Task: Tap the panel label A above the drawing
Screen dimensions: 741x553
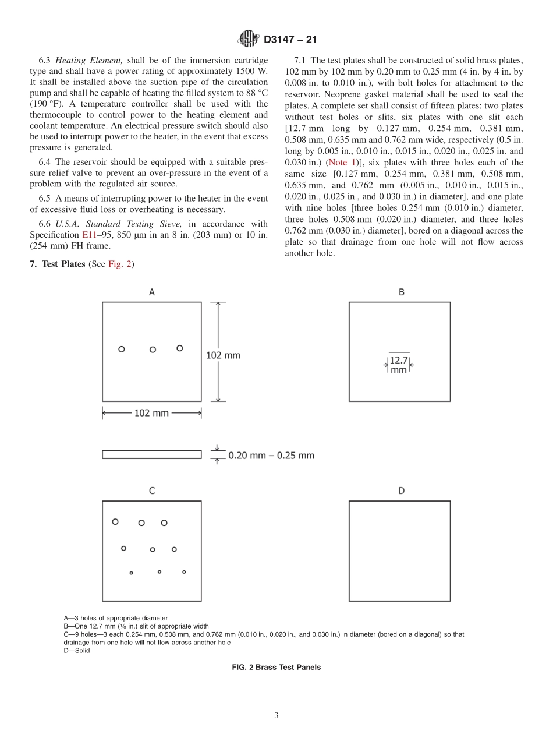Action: click(x=152, y=292)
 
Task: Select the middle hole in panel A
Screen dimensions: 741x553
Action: click(x=153, y=350)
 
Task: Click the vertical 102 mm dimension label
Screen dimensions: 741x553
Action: click(x=223, y=354)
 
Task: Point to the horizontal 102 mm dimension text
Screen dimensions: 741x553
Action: click(x=151, y=412)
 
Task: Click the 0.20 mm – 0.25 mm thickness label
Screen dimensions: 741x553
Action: click(x=271, y=455)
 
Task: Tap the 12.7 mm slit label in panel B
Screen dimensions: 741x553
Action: click(x=399, y=365)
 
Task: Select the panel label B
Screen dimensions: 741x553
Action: click(x=401, y=292)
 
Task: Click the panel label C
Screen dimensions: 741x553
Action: click(x=152, y=491)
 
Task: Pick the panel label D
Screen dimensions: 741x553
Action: click(x=401, y=491)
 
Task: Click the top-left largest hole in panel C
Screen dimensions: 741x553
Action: click(x=115, y=521)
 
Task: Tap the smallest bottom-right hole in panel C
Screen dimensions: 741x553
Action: click(x=184, y=572)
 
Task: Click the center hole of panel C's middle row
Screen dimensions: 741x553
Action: click(x=153, y=549)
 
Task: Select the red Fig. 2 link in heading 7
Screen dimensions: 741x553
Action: click(x=120, y=264)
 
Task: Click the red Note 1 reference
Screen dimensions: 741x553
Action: click(x=343, y=162)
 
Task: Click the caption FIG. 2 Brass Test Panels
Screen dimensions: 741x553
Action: click(x=276, y=668)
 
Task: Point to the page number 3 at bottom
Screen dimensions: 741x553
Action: click(x=276, y=715)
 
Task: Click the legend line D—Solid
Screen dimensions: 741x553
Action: click(x=77, y=651)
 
